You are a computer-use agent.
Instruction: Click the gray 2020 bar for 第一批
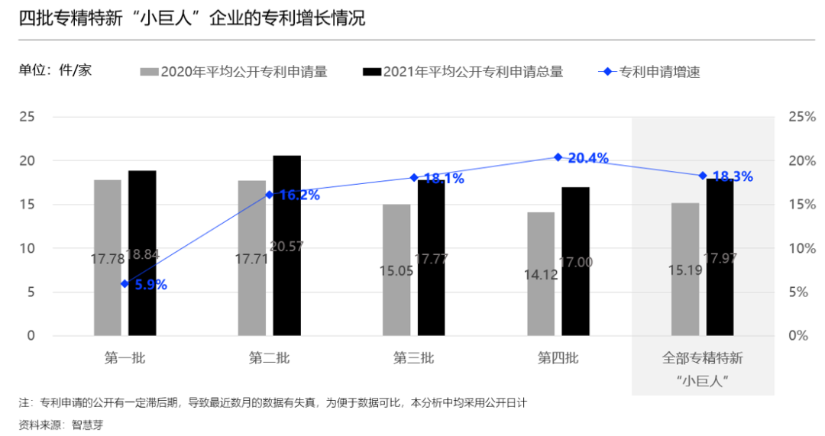pyautogui.click(x=108, y=229)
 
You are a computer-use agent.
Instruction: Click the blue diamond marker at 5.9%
pyautogui.click(x=125, y=284)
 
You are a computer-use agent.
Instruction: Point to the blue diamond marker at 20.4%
pyautogui.click(x=558, y=157)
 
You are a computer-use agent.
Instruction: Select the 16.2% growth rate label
pyautogui.click(x=299, y=195)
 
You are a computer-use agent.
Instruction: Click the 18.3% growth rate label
pyautogui.click(x=733, y=177)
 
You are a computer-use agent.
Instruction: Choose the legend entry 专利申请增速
pyautogui.click(x=658, y=73)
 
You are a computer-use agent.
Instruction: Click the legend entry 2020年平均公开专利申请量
pyautogui.click(x=244, y=73)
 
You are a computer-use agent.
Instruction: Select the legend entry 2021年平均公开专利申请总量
pyautogui.click(x=473, y=73)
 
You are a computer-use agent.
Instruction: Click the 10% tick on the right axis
pyautogui.click(x=802, y=248)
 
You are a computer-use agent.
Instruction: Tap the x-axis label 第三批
pyautogui.click(x=413, y=358)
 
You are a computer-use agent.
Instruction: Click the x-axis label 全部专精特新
pyautogui.click(x=702, y=358)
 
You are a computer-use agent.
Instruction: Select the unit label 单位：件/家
pyautogui.click(x=55, y=70)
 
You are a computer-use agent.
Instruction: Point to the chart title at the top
pyautogui.click(x=192, y=18)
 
